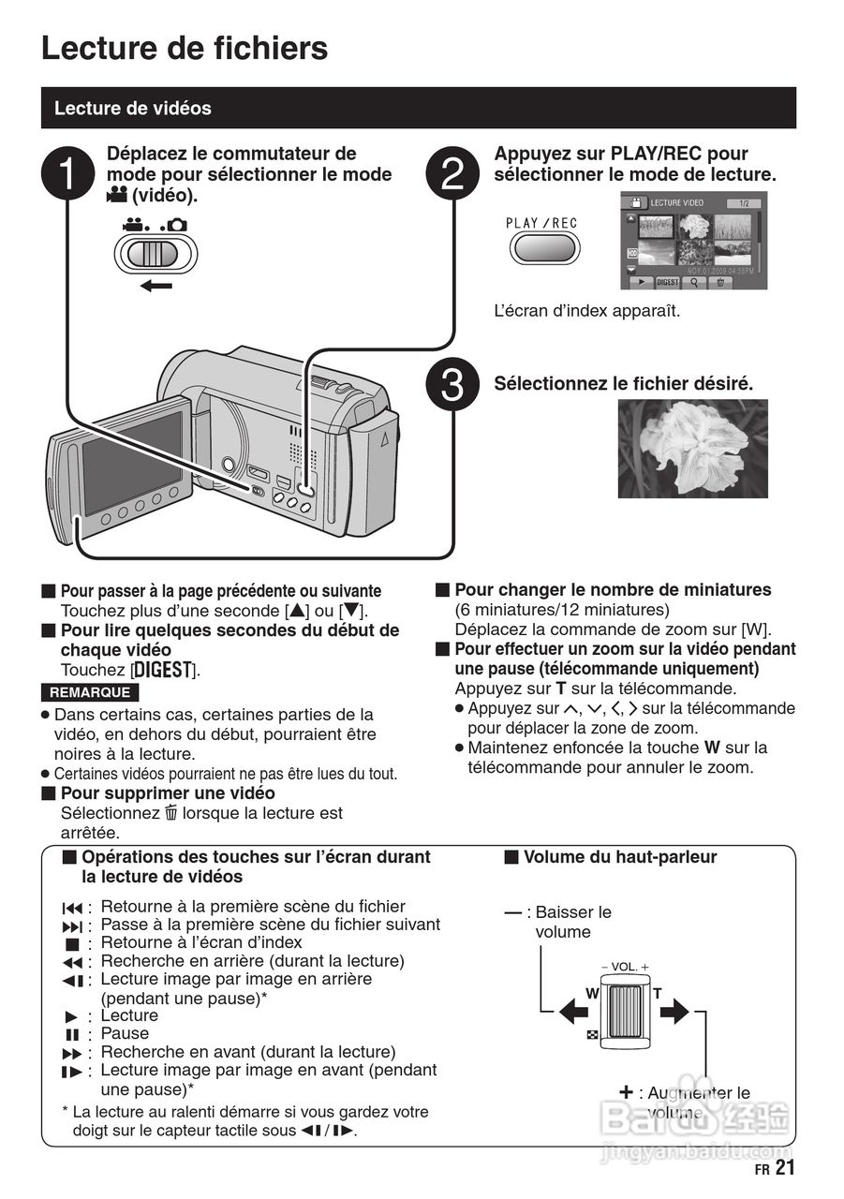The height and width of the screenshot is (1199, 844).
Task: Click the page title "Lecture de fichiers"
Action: pos(185,48)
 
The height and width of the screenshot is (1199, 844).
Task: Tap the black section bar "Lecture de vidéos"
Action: pos(418,108)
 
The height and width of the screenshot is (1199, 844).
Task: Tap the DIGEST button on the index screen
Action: pos(667,281)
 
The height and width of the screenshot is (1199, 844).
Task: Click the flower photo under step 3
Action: pos(692,449)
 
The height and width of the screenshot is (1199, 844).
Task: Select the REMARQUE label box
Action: pos(90,693)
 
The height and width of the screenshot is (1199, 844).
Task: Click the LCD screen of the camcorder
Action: pos(132,462)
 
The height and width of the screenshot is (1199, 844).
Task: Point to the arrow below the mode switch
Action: pos(156,285)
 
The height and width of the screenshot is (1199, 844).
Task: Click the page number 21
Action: pos(785,1168)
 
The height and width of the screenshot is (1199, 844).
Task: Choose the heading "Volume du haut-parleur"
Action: pos(619,857)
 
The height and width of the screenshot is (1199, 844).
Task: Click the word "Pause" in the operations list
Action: pos(125,1033)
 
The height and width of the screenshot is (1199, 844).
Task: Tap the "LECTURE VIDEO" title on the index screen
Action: pos(677,202)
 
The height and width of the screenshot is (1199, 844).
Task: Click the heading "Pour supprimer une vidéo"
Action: pos(168,793)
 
